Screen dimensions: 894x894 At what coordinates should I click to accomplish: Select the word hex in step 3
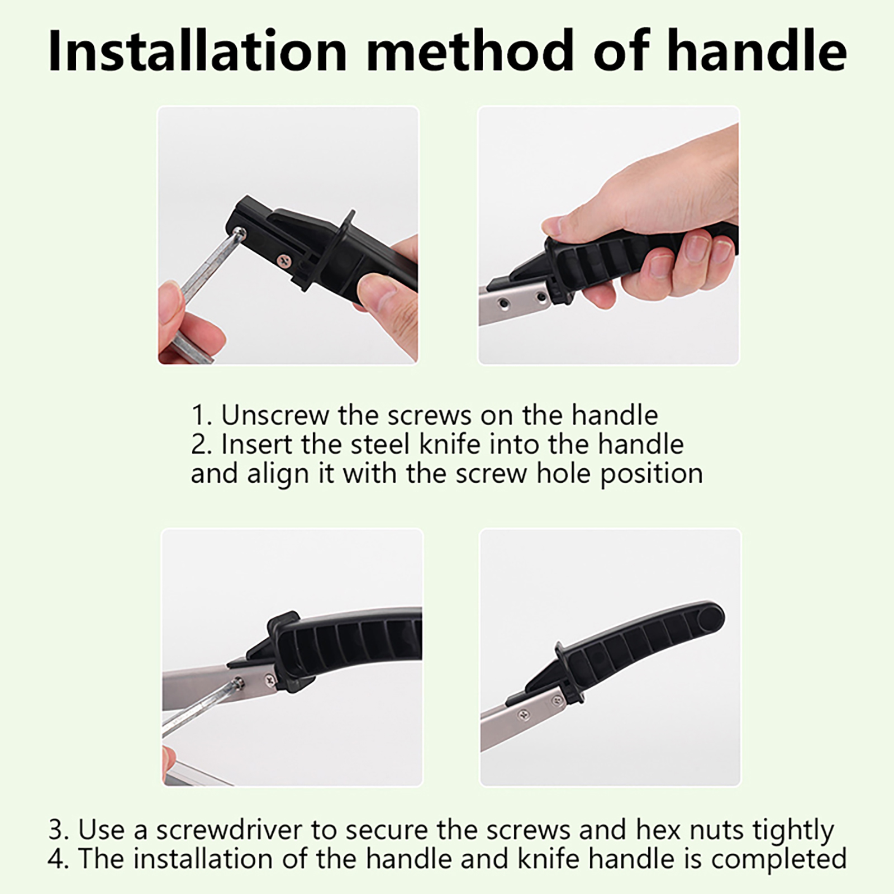click(658, 830)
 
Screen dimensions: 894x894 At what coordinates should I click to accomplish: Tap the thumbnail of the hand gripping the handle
click(608, 235)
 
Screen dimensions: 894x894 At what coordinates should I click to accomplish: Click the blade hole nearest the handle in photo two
click(541, 297)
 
